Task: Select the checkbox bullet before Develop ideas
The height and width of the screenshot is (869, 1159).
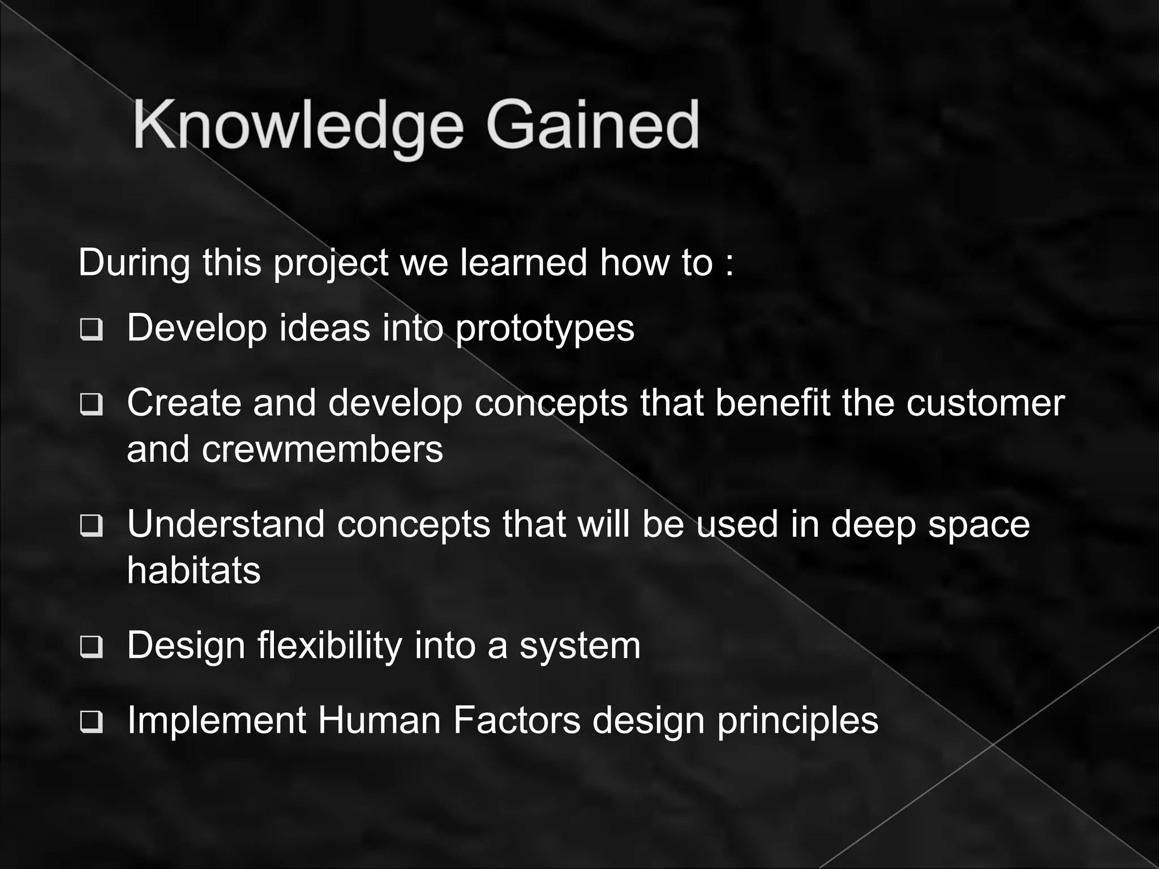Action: tap(91, 329)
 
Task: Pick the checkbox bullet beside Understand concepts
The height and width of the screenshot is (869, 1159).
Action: tap(91, 526)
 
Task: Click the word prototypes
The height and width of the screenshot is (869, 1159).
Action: tap(544, 329)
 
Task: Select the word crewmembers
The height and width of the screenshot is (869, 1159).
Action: tap(322, 450)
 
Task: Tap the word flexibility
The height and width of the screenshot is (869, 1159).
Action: tap(329, 646)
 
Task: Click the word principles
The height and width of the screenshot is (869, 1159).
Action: tap(797, 722)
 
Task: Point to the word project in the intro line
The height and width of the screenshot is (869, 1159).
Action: tap(330, 264)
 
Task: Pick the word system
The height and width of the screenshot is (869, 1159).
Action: tap(579, 647)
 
